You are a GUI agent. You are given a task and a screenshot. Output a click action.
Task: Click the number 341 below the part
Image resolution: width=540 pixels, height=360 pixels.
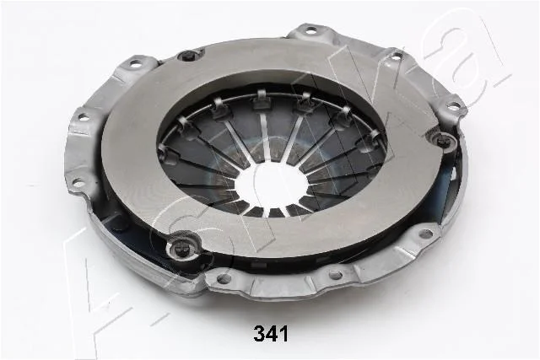point(270,334)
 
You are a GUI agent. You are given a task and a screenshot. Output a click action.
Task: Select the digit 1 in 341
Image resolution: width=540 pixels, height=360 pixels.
point(283,334)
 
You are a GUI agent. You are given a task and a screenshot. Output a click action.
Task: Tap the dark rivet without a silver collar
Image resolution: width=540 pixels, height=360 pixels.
point(188,55)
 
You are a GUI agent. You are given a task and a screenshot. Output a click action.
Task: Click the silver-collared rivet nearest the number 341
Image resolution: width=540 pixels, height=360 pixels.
point(181,246)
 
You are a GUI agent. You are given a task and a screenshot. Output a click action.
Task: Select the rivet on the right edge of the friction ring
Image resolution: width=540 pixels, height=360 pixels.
point(441,140)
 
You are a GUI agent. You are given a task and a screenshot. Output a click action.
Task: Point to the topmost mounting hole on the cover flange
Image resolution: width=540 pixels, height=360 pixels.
point(311,31)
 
